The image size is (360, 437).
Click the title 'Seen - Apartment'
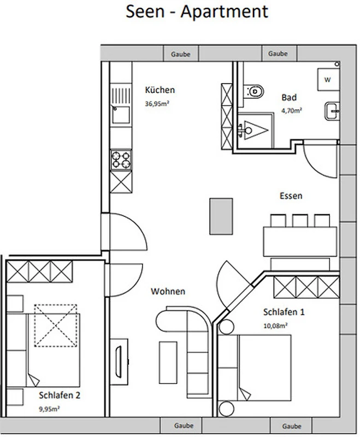click(197, 11)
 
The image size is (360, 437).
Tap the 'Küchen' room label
click(160, 90)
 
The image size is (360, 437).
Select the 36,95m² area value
click(157, 104)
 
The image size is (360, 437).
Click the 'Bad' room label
click(289, 97)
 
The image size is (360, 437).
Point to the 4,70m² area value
click(292, 111)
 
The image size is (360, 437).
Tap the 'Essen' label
click(291, 196)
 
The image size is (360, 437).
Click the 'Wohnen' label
click(168, 291)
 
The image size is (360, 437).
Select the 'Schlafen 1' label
click(284, 312)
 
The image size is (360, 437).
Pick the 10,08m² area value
click(275, 326)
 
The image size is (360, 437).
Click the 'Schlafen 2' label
click(60, 395)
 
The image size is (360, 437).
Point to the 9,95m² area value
click(49, 409)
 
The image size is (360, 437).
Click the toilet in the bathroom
click(253, 92)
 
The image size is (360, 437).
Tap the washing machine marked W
click(328, 79)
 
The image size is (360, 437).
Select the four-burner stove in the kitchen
click(121, 160)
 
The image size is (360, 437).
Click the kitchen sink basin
click(121, 115)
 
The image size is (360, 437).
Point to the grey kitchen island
click(221, 216)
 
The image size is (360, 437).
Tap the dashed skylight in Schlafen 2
click(56, 326)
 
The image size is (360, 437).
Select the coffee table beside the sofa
click(168, 363)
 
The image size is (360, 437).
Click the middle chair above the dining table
click(300, 221)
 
